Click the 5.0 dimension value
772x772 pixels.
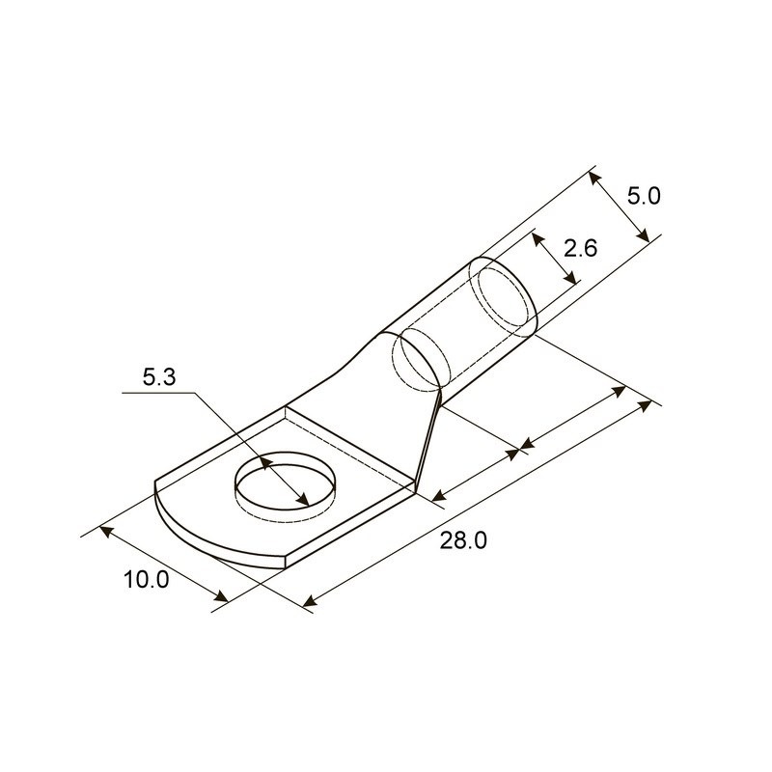pos(644,197)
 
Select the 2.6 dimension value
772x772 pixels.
pos(580,248)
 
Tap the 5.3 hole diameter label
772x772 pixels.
pos(159,377)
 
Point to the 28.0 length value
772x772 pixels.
pos(463,540)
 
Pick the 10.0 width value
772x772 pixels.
pos(147,580)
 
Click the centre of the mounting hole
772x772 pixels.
pos(285,485)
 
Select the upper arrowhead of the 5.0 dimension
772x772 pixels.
pos(594,179)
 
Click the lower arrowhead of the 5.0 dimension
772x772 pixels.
pos(643,235)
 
